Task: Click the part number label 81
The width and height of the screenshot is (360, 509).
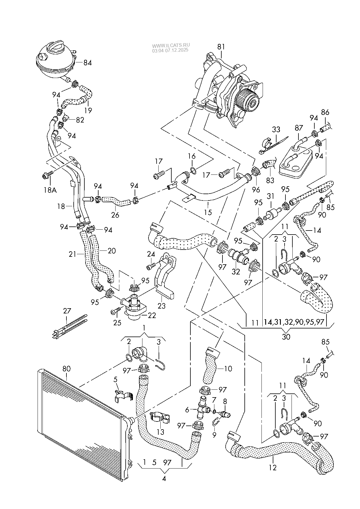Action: point(221,47)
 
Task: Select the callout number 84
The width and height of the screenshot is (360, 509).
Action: point(88,63)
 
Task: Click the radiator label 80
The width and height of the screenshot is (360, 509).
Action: point(67,369)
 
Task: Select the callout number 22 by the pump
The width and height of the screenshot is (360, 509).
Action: point(152,315)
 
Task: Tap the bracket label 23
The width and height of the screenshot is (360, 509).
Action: point(162,305)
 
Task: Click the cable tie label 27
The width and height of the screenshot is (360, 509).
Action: point(67,311)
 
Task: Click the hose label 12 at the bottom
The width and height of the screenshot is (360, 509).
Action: point(273,467)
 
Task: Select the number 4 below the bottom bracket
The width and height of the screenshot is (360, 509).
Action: point(164,478)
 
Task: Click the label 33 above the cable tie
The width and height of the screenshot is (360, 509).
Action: point(276,129)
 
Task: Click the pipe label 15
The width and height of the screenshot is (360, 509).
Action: point(208,212)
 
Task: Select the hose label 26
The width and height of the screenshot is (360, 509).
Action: point(115,215)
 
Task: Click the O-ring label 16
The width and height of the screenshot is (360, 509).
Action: point(192,156)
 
